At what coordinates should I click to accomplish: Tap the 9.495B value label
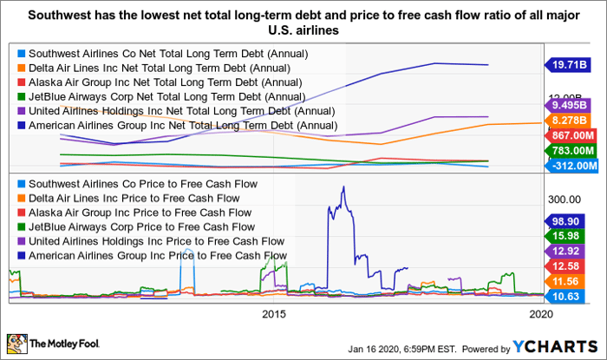572,106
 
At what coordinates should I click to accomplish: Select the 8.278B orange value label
572,121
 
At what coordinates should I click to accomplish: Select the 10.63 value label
572,298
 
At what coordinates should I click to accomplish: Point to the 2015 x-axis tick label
273,313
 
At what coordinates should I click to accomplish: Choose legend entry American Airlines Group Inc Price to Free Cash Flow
151,255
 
